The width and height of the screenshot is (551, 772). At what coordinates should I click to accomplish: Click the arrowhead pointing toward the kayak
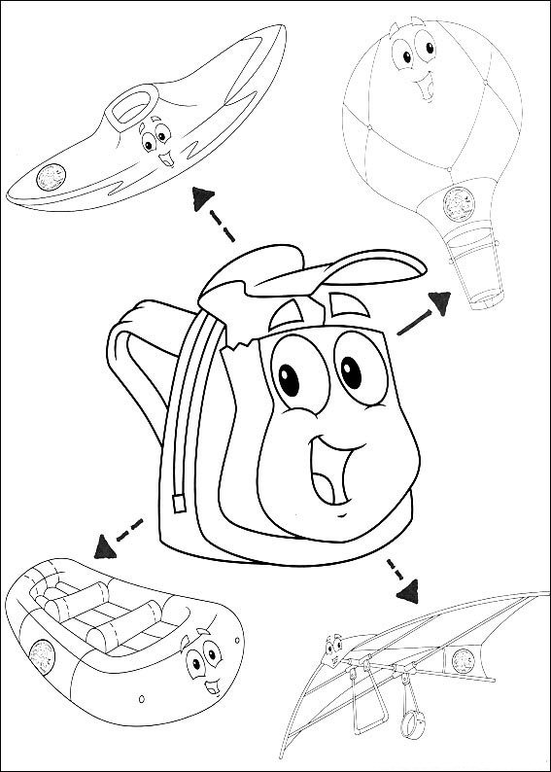point(202,197)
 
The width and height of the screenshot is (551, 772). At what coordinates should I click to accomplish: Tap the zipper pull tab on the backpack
point(179,504)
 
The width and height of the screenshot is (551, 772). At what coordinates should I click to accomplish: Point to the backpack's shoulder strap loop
point(131,379)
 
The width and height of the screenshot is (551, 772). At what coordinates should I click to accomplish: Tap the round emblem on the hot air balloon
point(455,202)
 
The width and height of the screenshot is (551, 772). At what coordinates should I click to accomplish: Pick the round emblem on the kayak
point(50,177)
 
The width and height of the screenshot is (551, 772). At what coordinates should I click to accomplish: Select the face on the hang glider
point(335,647)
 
